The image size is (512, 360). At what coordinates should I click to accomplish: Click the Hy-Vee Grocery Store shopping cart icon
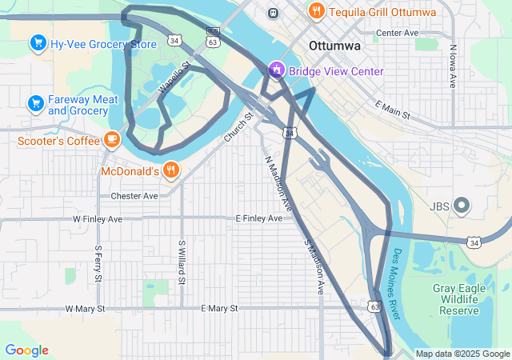click(37, 42)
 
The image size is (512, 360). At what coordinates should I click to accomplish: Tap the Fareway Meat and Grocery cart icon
click(35, 103)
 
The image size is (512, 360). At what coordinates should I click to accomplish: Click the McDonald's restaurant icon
click(170, 170)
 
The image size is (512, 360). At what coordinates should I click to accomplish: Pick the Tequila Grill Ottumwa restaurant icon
click(317, 11)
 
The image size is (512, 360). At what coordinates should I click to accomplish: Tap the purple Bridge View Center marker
click(277, 70)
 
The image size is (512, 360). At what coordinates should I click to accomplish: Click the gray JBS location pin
click(462, 206)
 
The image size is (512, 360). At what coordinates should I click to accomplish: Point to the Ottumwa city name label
click(334, 46)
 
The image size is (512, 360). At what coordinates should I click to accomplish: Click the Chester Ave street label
click(134, 195)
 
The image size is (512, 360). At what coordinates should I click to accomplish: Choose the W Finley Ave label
click(98, 218)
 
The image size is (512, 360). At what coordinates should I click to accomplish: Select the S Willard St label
click(182, 262)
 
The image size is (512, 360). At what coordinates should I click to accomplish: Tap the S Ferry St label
click(98, 263)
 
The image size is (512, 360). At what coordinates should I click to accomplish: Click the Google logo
click(26, 350)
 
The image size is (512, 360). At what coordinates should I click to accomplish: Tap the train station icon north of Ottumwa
click(274, 13)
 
